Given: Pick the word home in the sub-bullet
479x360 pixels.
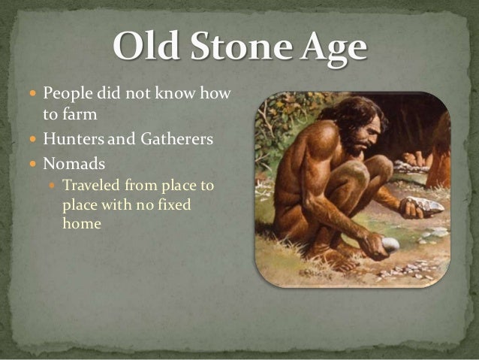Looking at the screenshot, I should pos(82,223).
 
